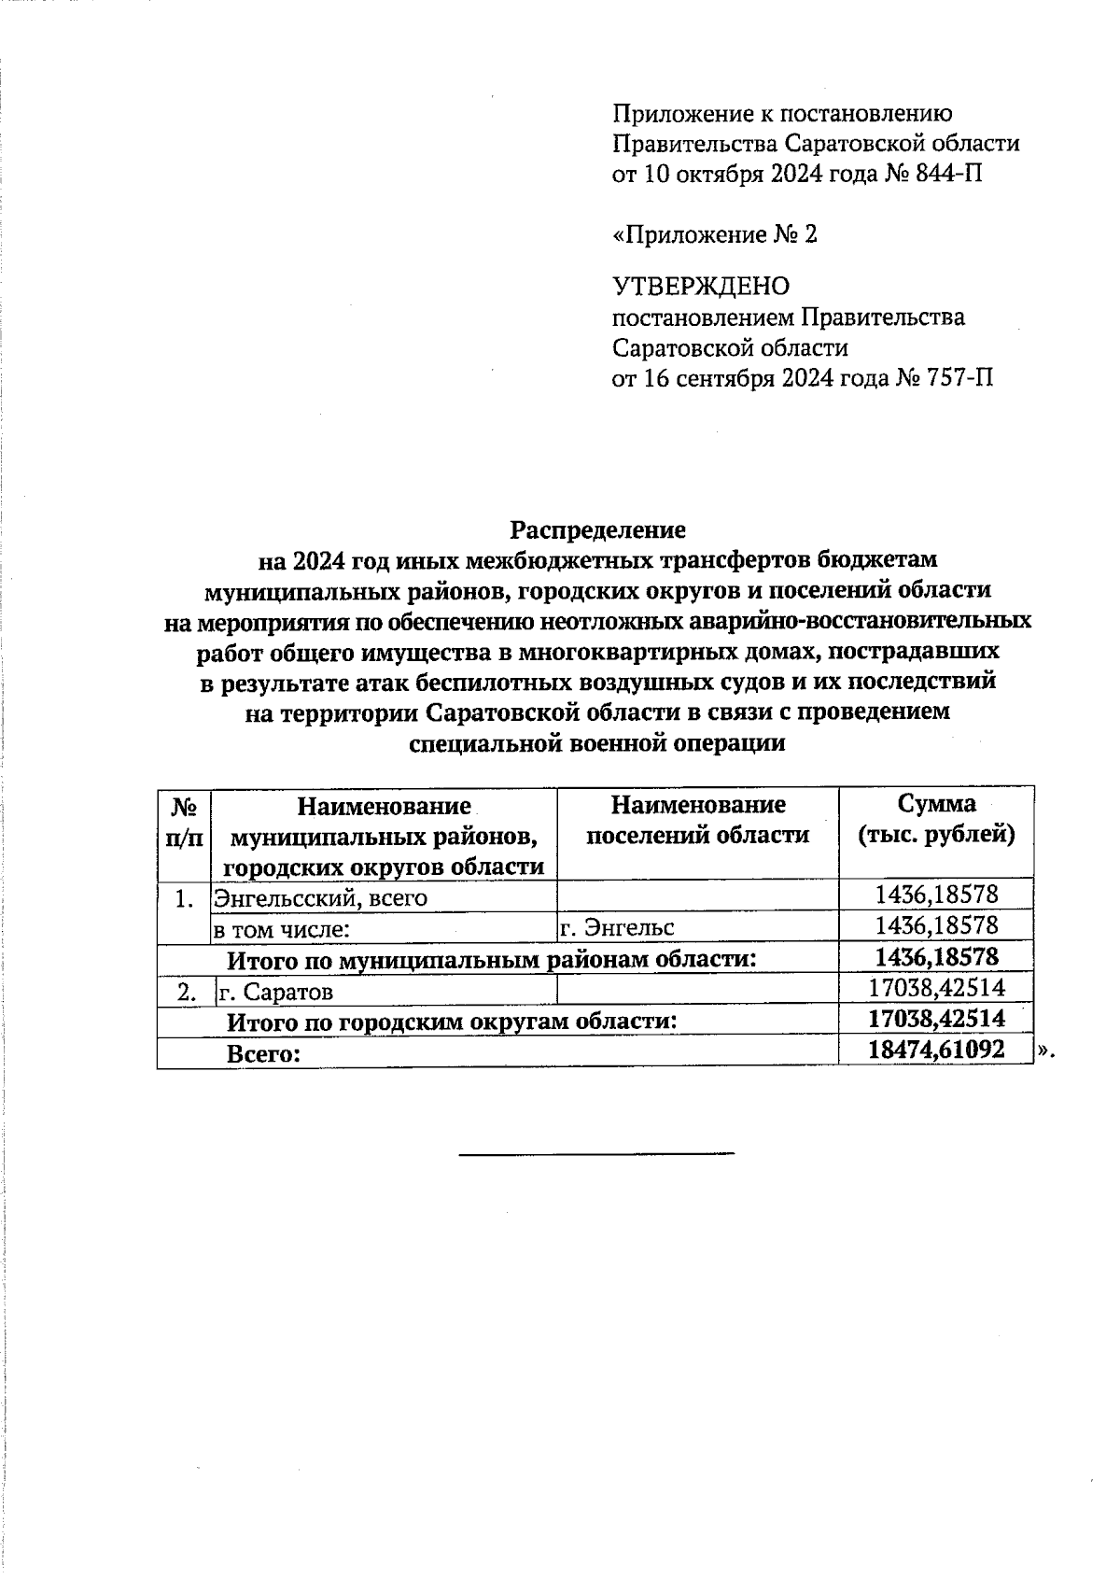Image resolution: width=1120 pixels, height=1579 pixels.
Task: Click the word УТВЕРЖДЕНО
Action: pos(700,286)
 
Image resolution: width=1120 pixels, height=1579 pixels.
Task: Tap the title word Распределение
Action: pos(597,529)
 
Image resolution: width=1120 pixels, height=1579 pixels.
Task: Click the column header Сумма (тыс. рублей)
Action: pos(936,819)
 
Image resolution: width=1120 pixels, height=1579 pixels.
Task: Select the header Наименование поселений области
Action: pos(697,819)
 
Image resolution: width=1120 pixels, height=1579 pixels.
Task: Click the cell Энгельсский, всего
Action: pos(321,898)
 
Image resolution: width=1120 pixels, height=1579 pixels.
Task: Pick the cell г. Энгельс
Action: pos(617,927)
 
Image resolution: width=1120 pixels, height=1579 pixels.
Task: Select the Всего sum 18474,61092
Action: pos(936,1050)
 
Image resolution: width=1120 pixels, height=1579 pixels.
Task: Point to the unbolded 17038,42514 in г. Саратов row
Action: pos(936,988)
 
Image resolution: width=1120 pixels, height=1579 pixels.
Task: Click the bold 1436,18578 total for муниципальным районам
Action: pos(936,957)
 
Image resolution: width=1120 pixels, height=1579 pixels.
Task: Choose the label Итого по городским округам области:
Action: pos(453,1022)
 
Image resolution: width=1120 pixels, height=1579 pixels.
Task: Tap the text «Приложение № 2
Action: pos(714,234)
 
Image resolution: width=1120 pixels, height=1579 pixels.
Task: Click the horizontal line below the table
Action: pos(596,1154)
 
